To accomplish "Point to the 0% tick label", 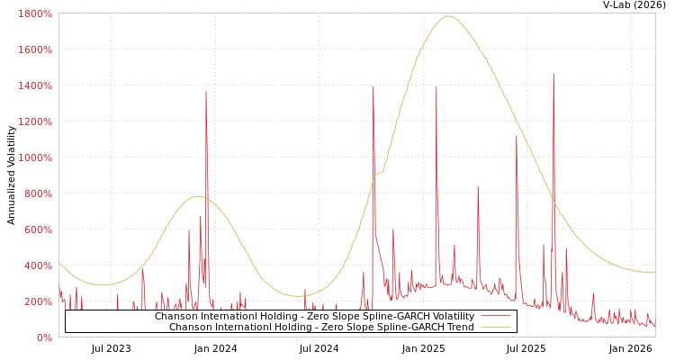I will coord(44,337).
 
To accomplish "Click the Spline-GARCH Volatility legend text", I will coord(314,317).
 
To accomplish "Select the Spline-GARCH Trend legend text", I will coord(321,327).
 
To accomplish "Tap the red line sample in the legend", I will coord(495,317).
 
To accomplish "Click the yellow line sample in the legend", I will coord(495,327).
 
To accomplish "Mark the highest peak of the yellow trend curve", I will coord(449,16).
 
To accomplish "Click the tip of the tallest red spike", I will coord(553,75).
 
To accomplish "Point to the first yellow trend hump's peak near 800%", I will coord(198,196).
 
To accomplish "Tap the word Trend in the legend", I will coord(460,327).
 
